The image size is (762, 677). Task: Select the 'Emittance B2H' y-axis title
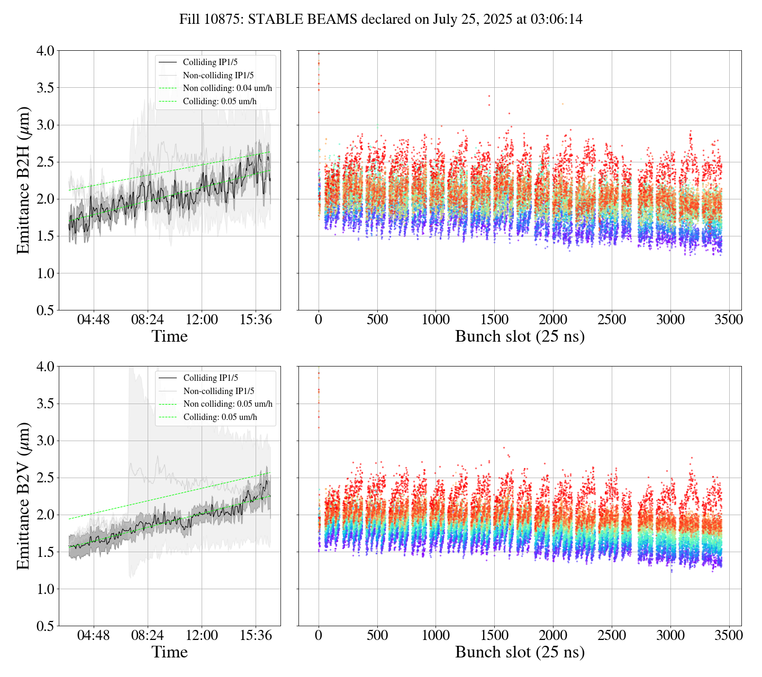pos(23,180)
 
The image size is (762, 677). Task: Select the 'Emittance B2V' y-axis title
pos(23,496)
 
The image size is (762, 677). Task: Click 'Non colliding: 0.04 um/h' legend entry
pos(228,88)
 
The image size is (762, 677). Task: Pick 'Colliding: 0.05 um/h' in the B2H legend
pos(220,101)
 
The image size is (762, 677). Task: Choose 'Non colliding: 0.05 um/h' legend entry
pos(228,404)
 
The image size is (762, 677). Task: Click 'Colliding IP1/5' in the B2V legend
pos(211,378)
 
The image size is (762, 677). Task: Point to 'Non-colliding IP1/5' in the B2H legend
pos(218,75)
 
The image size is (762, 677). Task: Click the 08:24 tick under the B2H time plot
pos(148,320)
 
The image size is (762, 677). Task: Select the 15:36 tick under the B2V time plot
pos(256,636)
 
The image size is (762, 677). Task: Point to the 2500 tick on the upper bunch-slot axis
pos(612,320)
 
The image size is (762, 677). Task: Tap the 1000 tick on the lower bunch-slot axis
pos(436,636)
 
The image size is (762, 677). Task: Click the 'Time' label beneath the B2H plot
pos(169,337)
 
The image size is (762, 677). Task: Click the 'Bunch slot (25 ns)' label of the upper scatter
pos(520,337)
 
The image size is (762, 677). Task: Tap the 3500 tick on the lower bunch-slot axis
pos(729,636)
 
